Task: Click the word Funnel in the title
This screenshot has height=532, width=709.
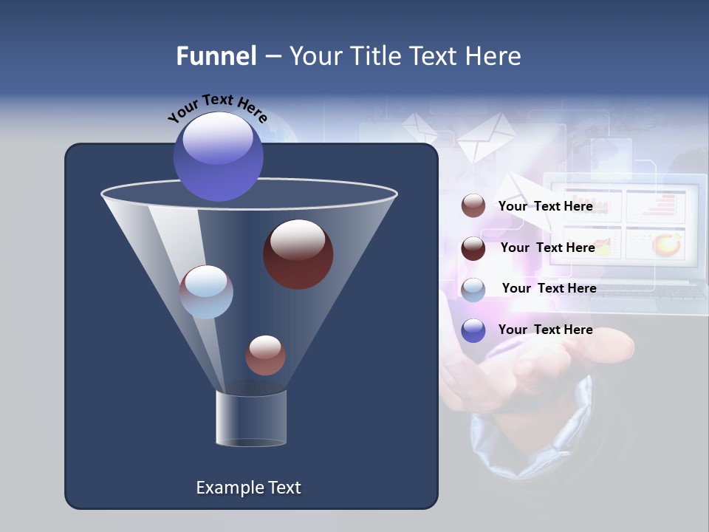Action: pos(216,56)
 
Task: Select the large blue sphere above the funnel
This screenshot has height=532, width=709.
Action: pos(218,156)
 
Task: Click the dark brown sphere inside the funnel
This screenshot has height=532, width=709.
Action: pos(298,254)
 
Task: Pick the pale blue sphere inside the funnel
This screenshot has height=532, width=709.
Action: pos(206,292)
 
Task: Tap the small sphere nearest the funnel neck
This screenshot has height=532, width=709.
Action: pos(265,355)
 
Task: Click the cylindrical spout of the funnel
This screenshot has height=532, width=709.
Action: pos(251,419)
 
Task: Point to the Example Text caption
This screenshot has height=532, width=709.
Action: pos(248,488)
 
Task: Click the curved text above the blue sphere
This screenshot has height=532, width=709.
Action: pos(217,107)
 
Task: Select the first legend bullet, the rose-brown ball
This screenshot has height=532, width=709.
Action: pos(473,206)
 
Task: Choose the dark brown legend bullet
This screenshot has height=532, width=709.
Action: pos(473,248)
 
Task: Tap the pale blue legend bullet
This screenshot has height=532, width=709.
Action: pos(473,290)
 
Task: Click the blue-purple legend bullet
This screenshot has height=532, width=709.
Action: pos(473,330)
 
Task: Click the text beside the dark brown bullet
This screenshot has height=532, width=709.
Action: pos(547,248)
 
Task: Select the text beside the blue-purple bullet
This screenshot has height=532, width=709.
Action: pos(545,330)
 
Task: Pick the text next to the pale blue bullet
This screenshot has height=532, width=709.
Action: pos(549,289)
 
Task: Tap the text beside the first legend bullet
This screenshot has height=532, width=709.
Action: pos(545,207)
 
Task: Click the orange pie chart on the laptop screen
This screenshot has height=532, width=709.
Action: pos(667,243)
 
